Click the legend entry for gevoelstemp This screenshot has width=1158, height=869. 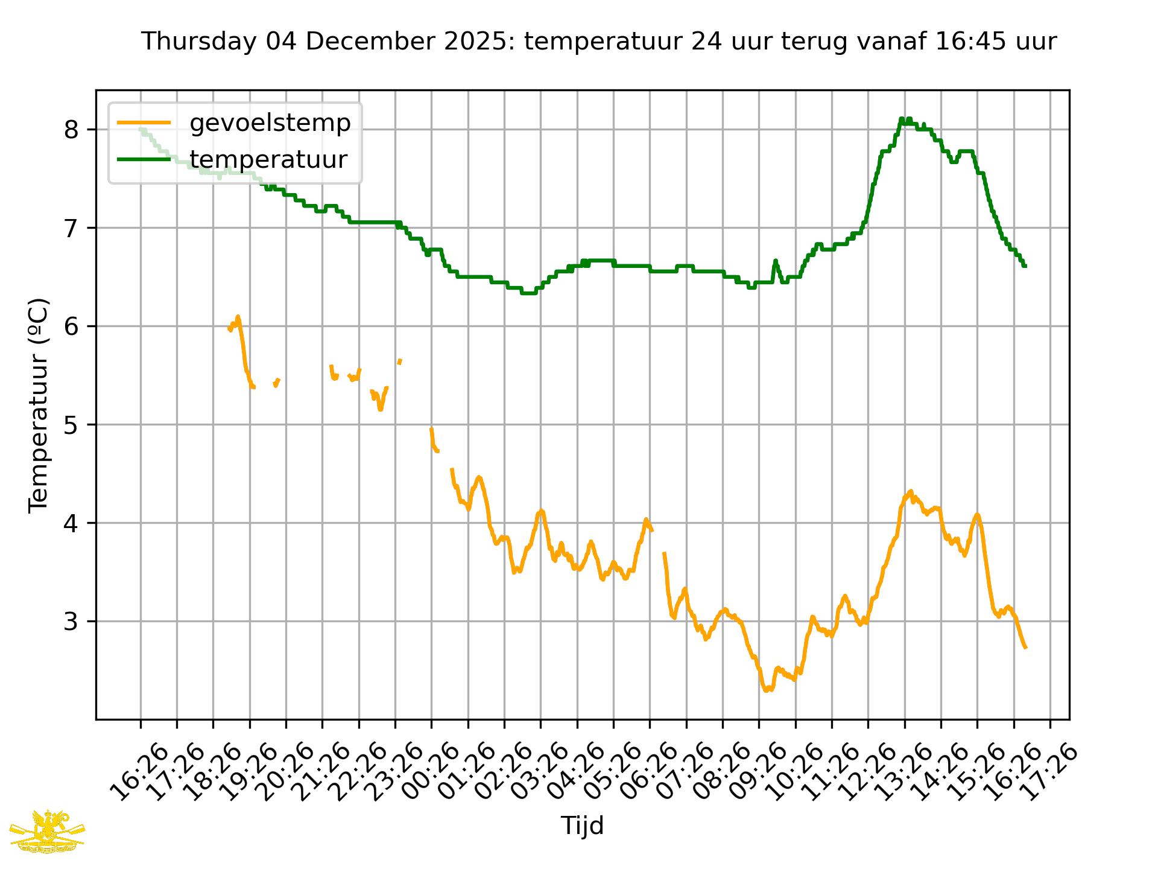tap(270, 123)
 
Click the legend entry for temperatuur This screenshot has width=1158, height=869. tap(268, 160)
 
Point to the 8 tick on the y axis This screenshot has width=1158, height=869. tap(71, 130)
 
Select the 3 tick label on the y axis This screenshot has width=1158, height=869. tap(71, 622)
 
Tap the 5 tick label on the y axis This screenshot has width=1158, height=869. tap(71, 425)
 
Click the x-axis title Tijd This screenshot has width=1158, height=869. tap(582, 826)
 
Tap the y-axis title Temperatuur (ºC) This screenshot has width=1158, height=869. tap(39, 405)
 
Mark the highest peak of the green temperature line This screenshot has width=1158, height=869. tap(902, 119)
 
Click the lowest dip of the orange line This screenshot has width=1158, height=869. tap(766, 690)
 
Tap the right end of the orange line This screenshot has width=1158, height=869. tap(1025, 648)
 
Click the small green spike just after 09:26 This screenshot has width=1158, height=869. tap(776, 261)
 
